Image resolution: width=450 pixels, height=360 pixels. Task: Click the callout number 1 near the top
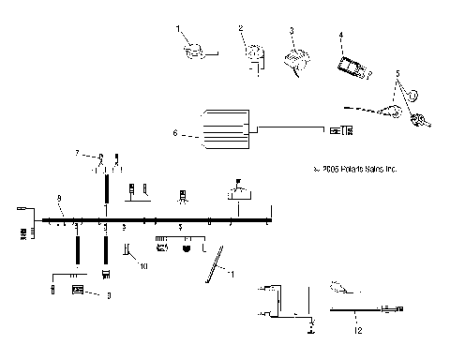(178, 30)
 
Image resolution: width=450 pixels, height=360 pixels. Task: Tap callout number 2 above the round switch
(241, 30)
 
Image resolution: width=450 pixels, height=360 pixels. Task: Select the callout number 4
(341, 35)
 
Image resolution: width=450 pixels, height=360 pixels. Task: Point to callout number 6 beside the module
(175, 134)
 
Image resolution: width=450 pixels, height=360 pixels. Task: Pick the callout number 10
(144, 266)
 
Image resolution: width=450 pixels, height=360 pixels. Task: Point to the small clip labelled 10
(127, 251)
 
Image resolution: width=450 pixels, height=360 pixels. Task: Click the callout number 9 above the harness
(58, 198)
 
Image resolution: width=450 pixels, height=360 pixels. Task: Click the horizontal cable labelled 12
(361, 307)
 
